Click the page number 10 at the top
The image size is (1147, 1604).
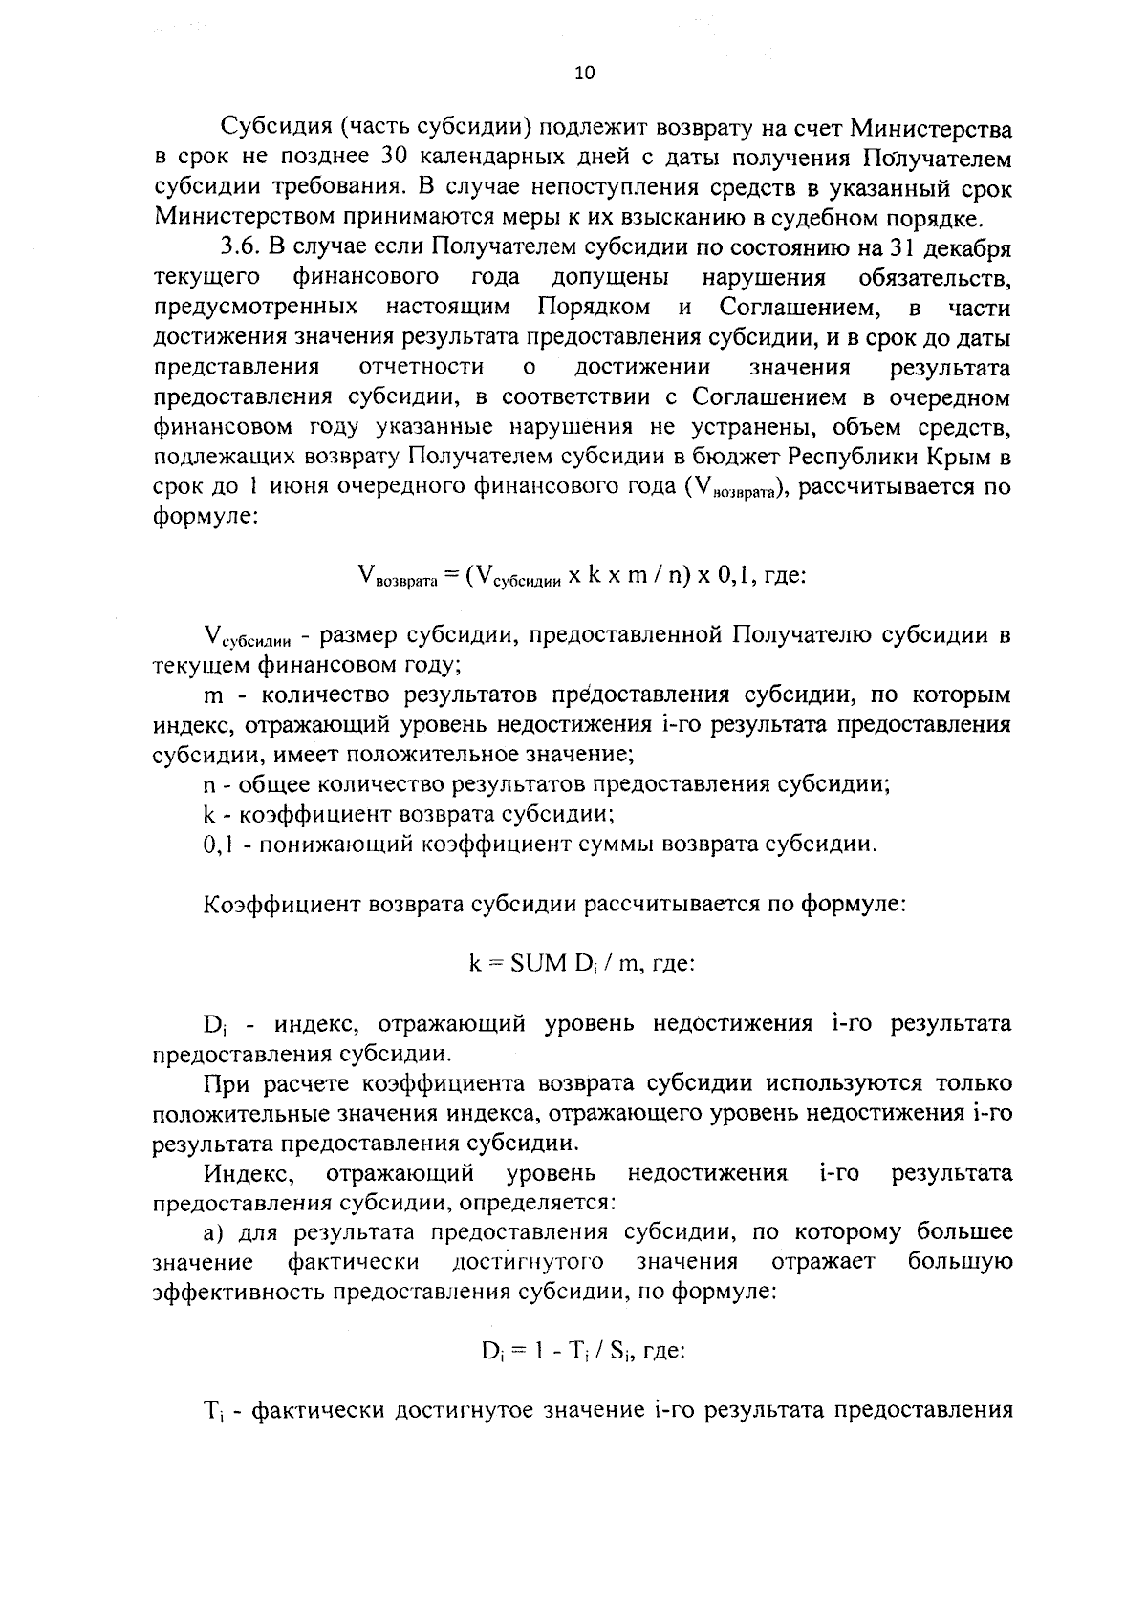(585, 74)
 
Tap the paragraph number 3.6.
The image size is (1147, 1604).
(240, 246)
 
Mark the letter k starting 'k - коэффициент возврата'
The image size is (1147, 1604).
(208, 814)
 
